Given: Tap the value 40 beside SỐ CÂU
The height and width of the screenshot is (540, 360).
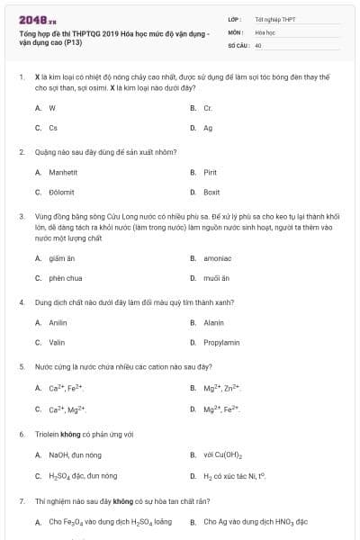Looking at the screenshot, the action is [x=258, y=44].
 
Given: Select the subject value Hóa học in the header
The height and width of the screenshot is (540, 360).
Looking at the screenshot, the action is [x=265, y=31].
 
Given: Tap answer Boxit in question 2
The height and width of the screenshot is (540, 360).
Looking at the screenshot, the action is [x=211, y=192].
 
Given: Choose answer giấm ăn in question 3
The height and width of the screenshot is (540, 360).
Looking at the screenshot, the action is [x=60, y=257].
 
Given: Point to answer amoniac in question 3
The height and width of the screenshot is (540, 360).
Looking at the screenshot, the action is [x=217, y=257].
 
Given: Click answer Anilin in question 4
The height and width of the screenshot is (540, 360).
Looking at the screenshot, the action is [x=58, y=321].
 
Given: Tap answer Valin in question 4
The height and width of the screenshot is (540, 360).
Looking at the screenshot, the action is [x=57, y=342].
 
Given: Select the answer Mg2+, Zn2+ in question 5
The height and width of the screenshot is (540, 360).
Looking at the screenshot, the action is [x=220, y=388].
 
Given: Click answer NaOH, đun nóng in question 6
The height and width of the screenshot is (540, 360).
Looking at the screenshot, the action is [x=75, y=454].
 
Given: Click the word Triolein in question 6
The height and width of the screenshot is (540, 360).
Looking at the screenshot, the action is [x=46, y=434].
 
